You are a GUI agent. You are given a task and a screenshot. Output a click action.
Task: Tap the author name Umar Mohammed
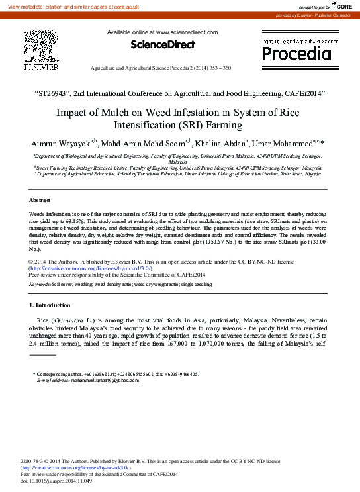[302, 145]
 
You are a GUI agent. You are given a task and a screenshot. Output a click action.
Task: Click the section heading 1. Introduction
[50, 305]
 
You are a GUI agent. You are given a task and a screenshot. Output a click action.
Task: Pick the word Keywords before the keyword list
[41, 283]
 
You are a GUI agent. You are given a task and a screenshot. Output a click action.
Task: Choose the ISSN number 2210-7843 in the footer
[34, 461]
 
